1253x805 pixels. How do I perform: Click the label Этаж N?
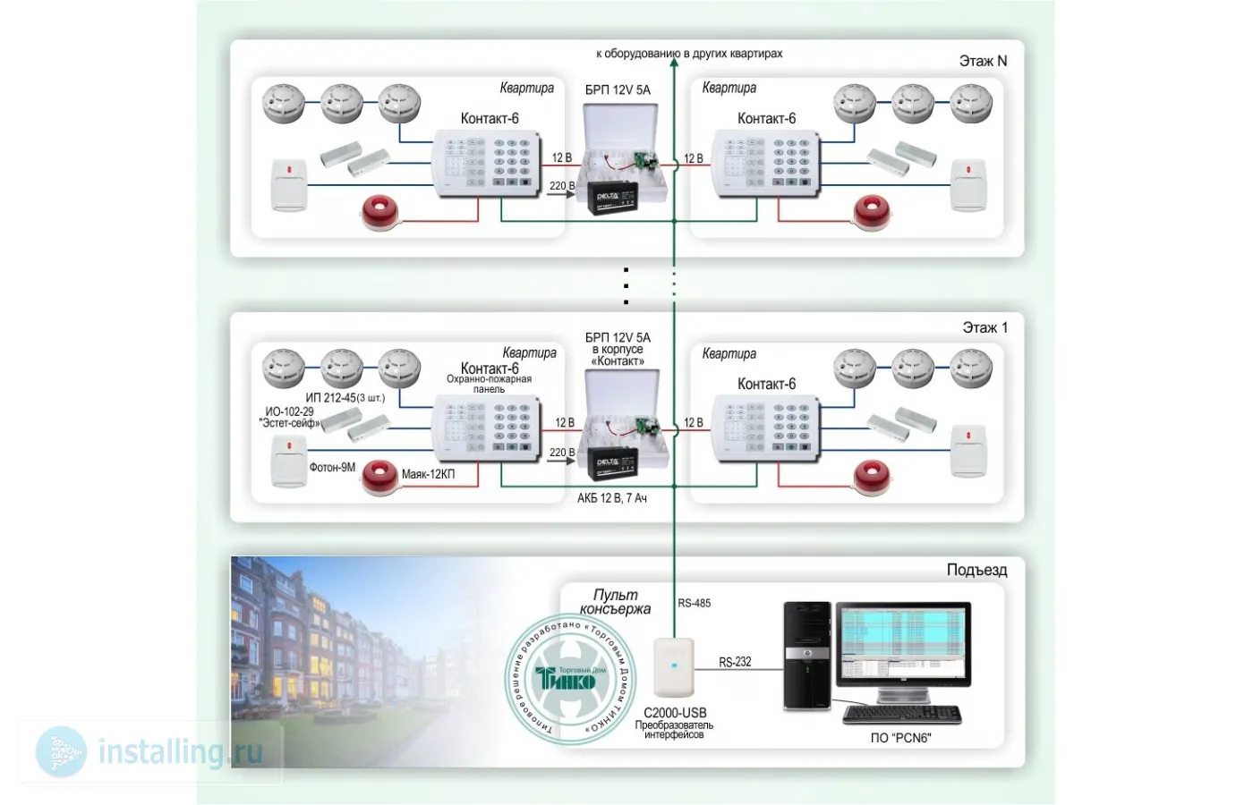click(983, 61)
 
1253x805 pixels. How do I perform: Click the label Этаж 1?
click(984, 327)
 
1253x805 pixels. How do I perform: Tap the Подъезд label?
click(976, 570)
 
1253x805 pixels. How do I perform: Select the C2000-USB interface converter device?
click(674, 667)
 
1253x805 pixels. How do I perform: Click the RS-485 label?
click(694, 603)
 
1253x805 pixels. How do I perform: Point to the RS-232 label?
click(735, 662)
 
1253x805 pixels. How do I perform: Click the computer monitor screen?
click(903, 642)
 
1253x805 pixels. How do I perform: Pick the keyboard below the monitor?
click(902, 715)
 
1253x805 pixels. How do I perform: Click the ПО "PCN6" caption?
click(900, 738)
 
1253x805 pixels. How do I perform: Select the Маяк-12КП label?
click(428, 474)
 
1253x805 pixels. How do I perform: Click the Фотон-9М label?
click(332, 467)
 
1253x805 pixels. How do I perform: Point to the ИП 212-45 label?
click(345, 397)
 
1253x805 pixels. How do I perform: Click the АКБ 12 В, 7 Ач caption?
click(611, 498)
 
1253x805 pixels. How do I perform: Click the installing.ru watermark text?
click(180, 751)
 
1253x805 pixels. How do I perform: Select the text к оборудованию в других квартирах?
click(689, 54)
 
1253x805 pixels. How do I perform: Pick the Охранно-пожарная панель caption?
click(489, 384)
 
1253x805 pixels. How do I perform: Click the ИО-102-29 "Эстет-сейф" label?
click(289, 418)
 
